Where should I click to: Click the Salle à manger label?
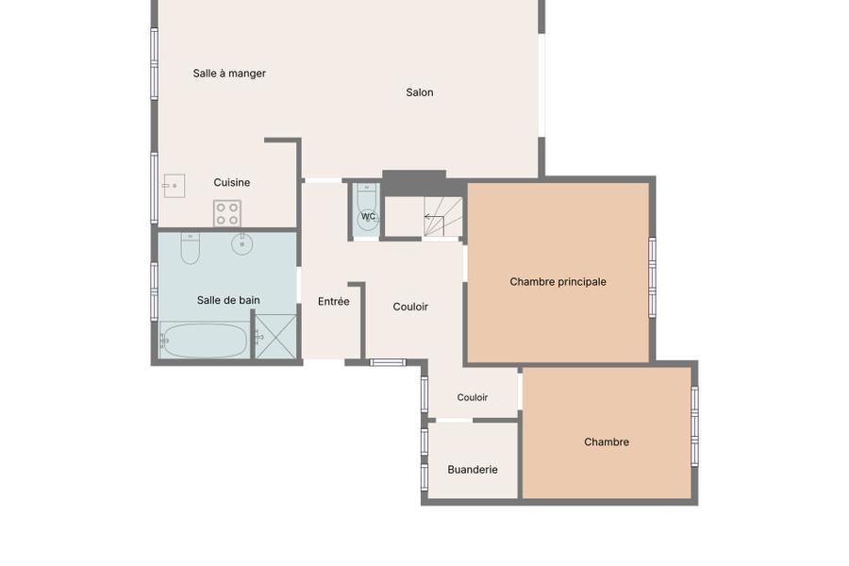click(229, 74)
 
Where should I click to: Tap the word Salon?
click(420, 92)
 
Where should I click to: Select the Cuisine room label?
click(232, 182)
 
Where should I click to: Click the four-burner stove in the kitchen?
click(227, 213)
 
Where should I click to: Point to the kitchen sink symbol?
click(175, 186)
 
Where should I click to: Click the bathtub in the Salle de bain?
click(204, 341)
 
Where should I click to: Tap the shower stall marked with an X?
click(275, 337)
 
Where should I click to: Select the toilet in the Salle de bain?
click(190, 249)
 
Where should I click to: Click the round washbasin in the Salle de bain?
click(242, 244)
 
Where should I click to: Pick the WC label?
click(368, 217)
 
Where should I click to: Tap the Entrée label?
click(334, 302)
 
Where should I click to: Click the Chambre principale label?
click(558, 282)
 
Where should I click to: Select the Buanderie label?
click(473, 470)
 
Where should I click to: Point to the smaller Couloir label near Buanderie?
click(473, 397)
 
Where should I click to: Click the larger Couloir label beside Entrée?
click(410, 308)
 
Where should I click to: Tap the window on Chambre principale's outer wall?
click(653, 276)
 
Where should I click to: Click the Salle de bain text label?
click(228, 300)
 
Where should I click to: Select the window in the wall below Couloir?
click(387, 362)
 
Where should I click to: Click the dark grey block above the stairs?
click(414, 182)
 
